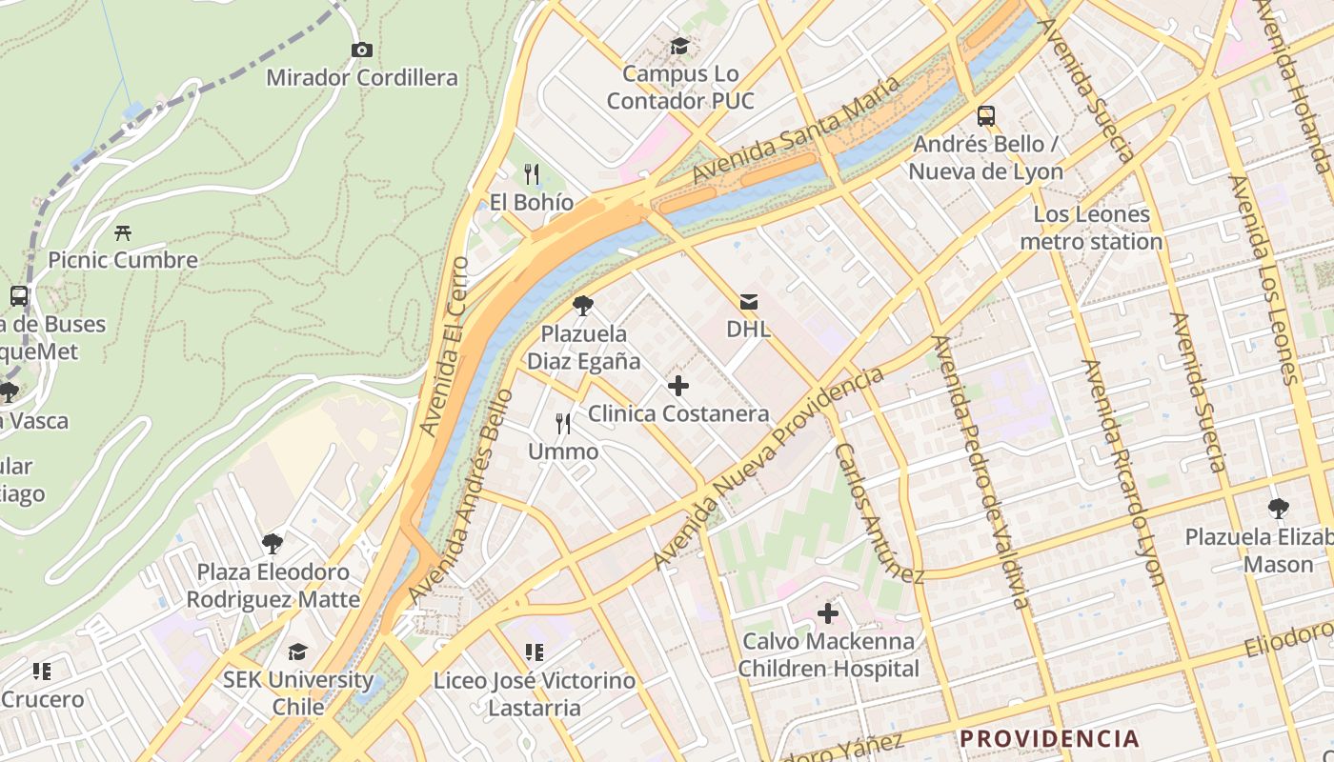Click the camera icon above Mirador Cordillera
pyautogui.click(x=361, y=50)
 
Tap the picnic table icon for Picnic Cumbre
pyautogui.click(x=122, y=231)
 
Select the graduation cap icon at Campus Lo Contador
pyautogui.click(x=679, y=46)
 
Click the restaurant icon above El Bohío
pyautogui.click(x=532, y=173)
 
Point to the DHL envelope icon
pyautogui.click(x=748, y=302)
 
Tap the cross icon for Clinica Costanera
pyautogui.click(x=677, y=386)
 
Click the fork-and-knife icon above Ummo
pyautogui.click(x=564, y=423)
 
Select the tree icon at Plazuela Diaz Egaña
pyautogui.click(x=583, y=306)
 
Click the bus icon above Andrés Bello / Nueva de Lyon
pyautogui.click(x=986, y=116)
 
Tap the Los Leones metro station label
pyautogui.click(x=1091, y=228)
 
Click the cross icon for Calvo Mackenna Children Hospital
pyautogui.click(x=828, y=612)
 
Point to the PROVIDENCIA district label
pyautogui.click(x=1049, y=738)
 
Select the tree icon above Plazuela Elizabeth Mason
pyautogui.click(x=1278, y=509)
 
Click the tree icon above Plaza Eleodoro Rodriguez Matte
pyautogui.click(x=273, y=544)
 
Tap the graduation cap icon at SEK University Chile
pyautogui.click(x=297, y=652)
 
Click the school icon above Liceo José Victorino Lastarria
pyautogui.click(x=534, y=652)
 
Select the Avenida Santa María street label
pyautogui.click(x=796, y=130)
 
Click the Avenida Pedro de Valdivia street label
pyautogui.click(x=981, y=471)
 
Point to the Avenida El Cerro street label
pyautogui.click(x=445, y=348)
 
